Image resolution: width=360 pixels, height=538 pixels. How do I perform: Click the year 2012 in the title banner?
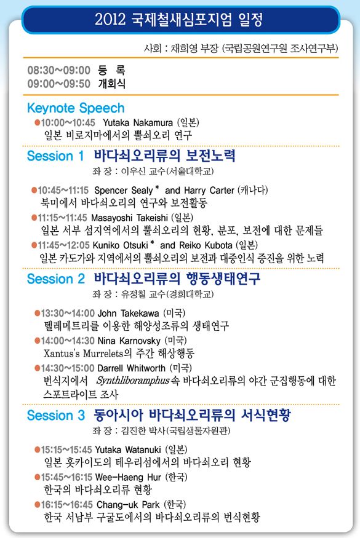pyautogui.click(x=110, y=19)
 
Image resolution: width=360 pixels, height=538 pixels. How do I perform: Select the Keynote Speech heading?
pyautogui.click(x=76, y=108)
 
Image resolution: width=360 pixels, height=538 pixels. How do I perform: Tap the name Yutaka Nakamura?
pyautogui.click(x=138, y=122)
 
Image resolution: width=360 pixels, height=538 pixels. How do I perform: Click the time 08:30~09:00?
pyautogui.click(x=58, y=70)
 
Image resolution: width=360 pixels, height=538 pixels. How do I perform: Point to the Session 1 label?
pyautogui.click(x=55, y=156)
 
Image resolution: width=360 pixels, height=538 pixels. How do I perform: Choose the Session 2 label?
pyautogui.click(x=55, y=279)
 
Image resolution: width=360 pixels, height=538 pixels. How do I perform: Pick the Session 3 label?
pyautogui.click(x=55, y=415)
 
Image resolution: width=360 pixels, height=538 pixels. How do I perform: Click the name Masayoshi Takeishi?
pyautogui.click(x=129, y=218)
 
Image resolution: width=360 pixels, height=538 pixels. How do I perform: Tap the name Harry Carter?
pyautogui.click(x=209, y=191)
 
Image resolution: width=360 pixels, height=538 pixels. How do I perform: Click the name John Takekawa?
pyautogui.click(x=129, y=313)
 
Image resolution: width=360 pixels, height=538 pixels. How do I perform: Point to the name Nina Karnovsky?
pyautogui.click(x=129, y=341)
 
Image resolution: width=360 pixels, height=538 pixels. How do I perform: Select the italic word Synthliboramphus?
pyautogui.click(x=133, y=381)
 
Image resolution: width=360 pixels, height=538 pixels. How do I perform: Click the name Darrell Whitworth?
pyautogui.click(x=132, y=368)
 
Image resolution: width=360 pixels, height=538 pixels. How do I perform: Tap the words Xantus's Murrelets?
pyautogui.click(x=84, y=354)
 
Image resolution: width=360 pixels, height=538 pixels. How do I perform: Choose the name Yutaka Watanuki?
pyautogui.click(x=128, y=450)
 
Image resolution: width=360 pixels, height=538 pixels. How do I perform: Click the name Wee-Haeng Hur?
pyautogui.click(x=128, y=477)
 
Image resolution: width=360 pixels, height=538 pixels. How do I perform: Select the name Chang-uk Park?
pyautogui.click(x=128, y=505)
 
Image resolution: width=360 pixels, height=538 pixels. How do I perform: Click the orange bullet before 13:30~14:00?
pyautogui.click(x=37, y=313)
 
